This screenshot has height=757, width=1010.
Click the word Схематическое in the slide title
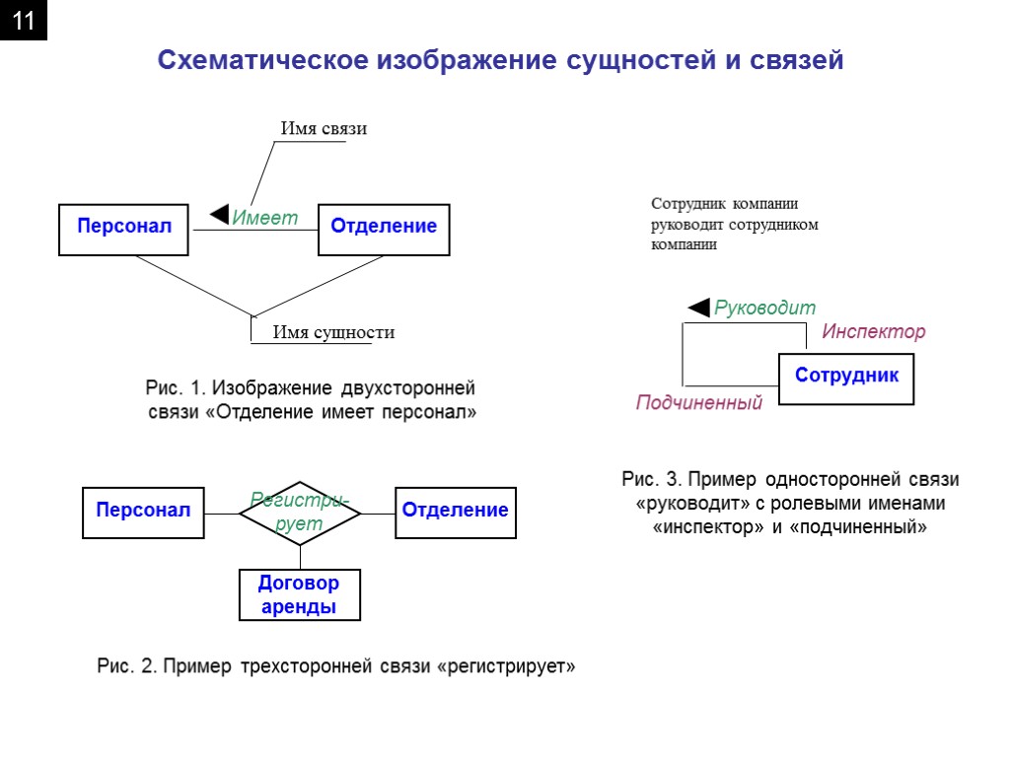pos(260,61)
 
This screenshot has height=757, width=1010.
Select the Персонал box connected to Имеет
pos(124,227)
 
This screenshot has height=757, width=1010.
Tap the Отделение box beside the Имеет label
pos(384,227)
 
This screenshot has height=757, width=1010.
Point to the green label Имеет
pos(264,219)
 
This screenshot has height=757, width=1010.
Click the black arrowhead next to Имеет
pos(220,213)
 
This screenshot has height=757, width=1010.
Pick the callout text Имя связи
pos(324,129)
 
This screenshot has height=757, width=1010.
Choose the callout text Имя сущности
pos(332,332)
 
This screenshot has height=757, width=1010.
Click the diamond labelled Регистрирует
pos(300,513)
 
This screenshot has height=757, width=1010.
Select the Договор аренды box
pos(300,595)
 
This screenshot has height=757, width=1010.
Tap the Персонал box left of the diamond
pos(143,512)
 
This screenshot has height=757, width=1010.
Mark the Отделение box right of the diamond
pos(455,512)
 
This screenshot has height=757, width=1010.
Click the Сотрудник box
pos(846,377)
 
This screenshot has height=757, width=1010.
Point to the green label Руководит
pos(764,308)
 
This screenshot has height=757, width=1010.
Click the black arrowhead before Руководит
pos(698,308)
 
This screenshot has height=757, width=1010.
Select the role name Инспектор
pos(874,332)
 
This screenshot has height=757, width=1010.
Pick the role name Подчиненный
pos(699,403)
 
